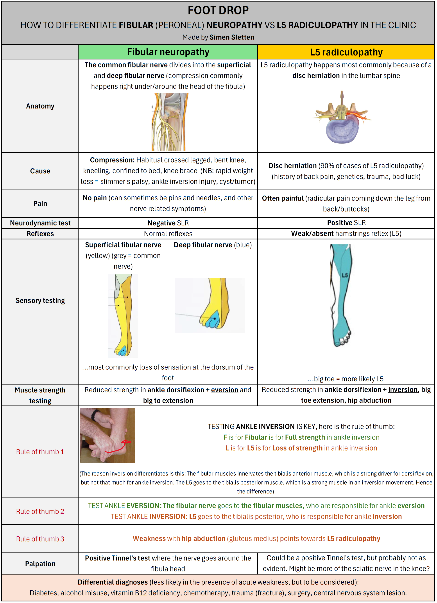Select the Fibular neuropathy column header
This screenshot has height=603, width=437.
168,52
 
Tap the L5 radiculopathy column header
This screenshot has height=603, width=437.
346,52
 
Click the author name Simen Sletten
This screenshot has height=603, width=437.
231,37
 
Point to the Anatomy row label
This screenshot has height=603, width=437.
40,106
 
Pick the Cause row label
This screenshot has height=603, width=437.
40,171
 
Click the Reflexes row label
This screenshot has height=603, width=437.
40,234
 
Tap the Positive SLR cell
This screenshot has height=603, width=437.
346,223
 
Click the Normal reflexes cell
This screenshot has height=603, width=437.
168,234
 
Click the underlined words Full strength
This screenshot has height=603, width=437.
305,437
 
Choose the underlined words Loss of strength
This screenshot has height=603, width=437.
297,448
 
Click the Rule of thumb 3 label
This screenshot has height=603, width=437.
40,539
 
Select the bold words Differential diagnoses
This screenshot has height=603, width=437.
113,582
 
